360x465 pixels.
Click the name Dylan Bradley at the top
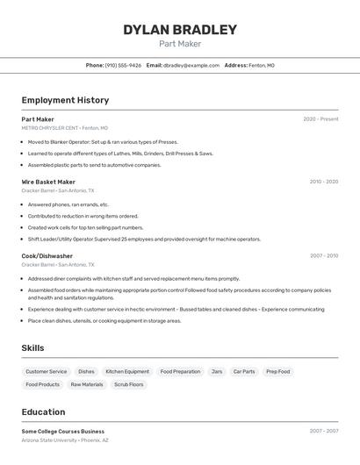coord(180,30)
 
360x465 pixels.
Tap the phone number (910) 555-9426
coord(123,65)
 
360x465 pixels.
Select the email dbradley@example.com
coord(191,65)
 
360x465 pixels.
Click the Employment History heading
coord(65,100)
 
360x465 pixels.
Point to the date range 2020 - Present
coord(320,119)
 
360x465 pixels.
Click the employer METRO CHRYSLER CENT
coord(49,127)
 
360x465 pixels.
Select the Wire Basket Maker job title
coord(48,182)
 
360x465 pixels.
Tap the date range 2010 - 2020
coord(323,182)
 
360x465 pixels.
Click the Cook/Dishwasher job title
coord(47,256)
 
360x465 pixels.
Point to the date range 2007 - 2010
coord(323,256)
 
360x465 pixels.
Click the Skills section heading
coord(32,348)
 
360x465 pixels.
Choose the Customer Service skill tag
coord(46,371)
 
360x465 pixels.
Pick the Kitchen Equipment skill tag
coord(127,371)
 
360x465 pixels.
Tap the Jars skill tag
coord(217,371)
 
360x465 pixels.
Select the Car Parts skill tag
coord(244,371)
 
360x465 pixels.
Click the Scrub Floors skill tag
coord(129,384)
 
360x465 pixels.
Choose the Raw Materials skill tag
coord(87,384)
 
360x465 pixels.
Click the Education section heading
coord(43,411)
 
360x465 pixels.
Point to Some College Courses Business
coord(62,432)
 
